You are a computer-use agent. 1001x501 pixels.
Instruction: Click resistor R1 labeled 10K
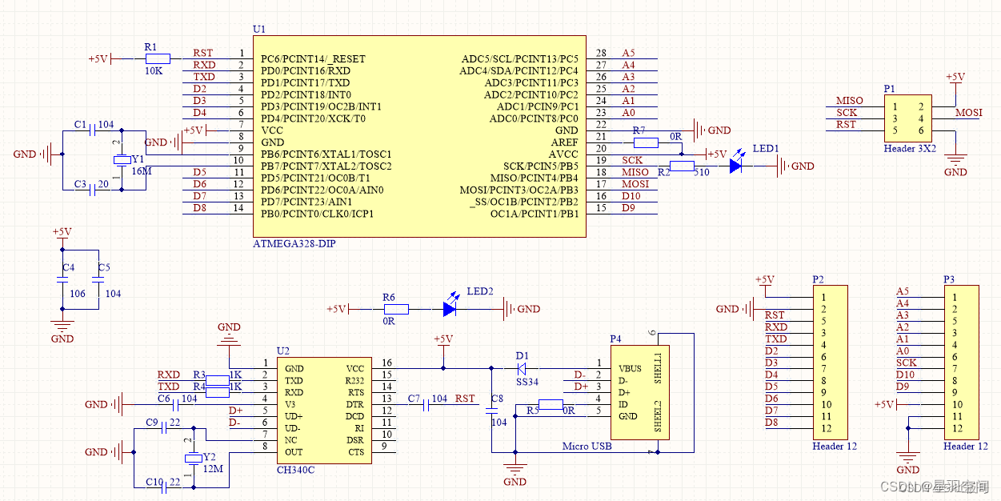tap(157, 58)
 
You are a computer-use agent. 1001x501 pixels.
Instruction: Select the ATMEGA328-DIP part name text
tap(294, 243)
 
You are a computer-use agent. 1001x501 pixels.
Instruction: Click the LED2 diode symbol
tap(450, 308)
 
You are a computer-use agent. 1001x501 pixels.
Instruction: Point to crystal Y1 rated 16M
tap(121, 160)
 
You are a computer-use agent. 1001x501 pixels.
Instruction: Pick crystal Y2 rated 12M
tap(192, 458)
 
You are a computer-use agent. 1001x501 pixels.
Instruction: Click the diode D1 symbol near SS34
tap(521, 369)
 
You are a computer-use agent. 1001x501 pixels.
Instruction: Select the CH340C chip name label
tap(295, 470)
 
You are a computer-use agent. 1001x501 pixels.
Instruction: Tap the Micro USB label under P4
tap(587, 446)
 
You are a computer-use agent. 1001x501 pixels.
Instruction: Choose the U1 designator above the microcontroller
tap(258, 29)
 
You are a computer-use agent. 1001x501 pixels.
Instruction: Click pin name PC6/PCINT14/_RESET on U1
tap(313, 59)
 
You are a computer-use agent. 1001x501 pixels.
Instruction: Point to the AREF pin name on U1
tap(564, 142)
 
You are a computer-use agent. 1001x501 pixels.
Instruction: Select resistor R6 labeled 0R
tap(395, 308)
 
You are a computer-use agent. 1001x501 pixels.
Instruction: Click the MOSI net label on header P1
tap(969, 113)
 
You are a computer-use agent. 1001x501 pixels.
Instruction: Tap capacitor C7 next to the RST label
tap(426, 406)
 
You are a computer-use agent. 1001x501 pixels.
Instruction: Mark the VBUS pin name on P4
tap(630, 369)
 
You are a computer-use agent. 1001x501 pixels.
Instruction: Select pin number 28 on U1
tap(602, 53)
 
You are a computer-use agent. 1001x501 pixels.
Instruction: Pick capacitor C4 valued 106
tap(62, 280)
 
